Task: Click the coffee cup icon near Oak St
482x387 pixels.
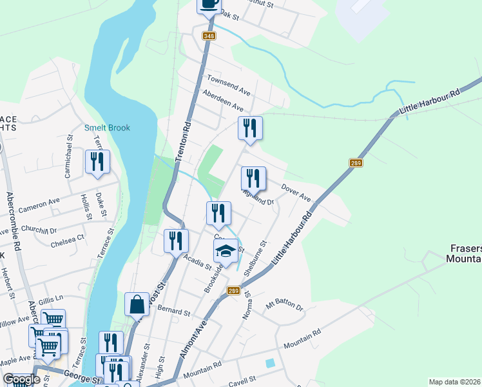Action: (209, 3)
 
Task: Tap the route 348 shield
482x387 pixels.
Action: (208, 35)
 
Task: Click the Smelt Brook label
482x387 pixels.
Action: (107, 128)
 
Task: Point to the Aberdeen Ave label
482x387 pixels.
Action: (222, 101)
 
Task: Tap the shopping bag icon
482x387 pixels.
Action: (137, 304)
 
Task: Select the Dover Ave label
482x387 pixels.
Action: (296, 191)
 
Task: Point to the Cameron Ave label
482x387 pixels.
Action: (39, 206)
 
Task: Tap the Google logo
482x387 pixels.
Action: (21, 379)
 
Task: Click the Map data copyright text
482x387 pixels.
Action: (455, 382)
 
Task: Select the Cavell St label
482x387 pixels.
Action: (243, 379)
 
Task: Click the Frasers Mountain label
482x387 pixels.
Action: (465, 253)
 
